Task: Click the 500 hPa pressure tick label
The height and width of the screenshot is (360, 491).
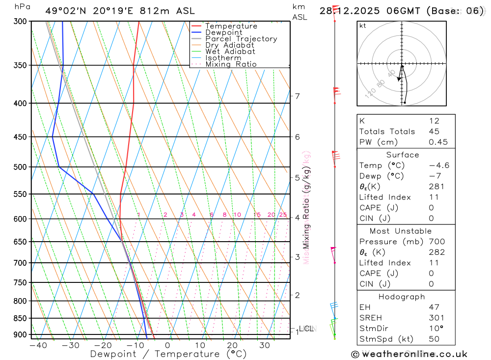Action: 19,167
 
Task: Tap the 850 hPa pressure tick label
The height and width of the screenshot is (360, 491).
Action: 19,318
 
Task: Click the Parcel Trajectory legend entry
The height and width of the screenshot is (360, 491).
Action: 241,39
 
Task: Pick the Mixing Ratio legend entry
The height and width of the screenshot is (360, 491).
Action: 231,64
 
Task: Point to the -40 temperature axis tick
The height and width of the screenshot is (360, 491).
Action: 38,345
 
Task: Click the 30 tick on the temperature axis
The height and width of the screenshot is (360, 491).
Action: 265,345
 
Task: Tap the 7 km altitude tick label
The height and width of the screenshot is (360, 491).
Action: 298,96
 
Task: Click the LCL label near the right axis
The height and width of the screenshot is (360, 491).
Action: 306,328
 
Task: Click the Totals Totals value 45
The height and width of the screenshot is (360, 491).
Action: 434,131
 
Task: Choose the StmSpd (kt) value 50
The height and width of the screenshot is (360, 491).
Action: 434,339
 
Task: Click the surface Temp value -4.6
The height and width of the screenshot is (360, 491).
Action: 438,166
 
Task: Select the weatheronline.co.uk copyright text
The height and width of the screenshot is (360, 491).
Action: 409,354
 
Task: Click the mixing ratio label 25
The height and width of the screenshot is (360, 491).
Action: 283,215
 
